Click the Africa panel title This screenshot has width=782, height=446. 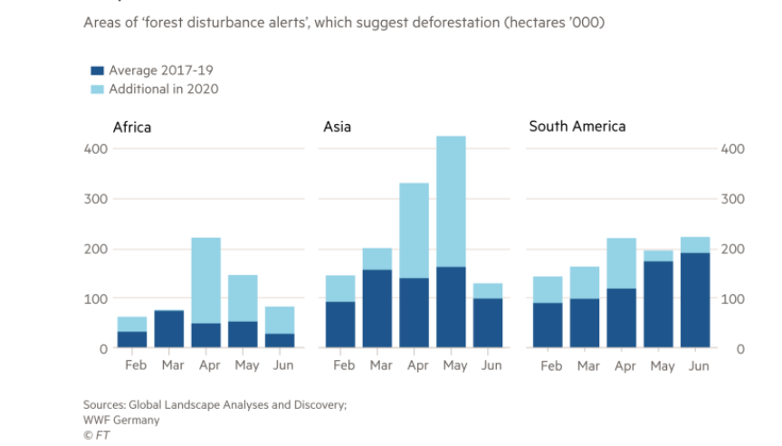[131, 127]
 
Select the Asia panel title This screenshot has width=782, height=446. [338, 127]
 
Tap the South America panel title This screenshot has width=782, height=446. [577, 127]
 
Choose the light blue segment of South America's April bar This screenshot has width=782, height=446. [622, 263]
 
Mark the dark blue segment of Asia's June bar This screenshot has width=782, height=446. [489, 323]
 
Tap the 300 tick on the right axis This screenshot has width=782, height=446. [732, 199]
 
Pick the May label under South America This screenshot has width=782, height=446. [662, 365]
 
